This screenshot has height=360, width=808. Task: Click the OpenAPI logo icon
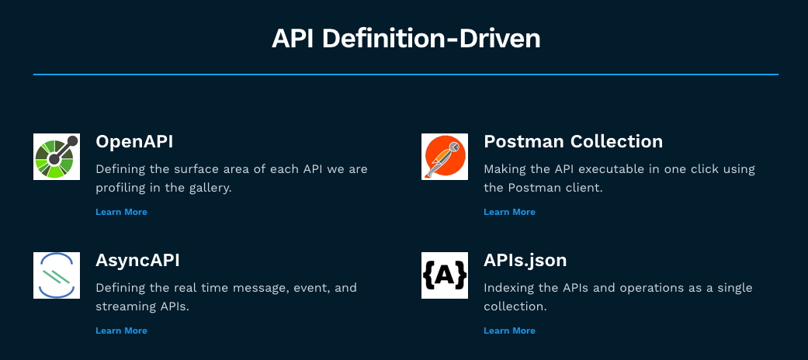pyautogui.click(x=57, y=157)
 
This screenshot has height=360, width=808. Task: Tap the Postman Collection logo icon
pyautogui.click(x=445, y=157)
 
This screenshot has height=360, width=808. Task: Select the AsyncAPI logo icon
pyautogui.click(x=57, y=275)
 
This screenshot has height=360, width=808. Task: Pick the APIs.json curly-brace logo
pyautogui.click(x=445, y=275)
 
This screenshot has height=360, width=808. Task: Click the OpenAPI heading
pyautogui.click(x=134, y=142)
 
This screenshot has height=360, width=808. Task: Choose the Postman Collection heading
pyautogui.click(x=574, y=142)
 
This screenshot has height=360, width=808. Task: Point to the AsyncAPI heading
pyautogui.click(x=137, y=261)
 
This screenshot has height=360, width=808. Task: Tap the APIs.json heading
pyautogui.click(x=525, y=261)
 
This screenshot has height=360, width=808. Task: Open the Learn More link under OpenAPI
pyautogui.click(x=122, y=212)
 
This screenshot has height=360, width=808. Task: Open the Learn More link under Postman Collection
pyautogui.click(x=510, y=212)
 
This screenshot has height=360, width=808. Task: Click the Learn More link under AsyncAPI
pyautogui.click(x=122, y=331)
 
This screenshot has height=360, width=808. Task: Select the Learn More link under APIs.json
pyautogui.click(x=510, y=331)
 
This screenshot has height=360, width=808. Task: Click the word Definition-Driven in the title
pyautogui.click(x=434, y=39)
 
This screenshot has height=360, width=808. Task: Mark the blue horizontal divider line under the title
pyautogui.click(x=405, y=74)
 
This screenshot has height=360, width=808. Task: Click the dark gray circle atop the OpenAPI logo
pyautogui.click(x=73, y=140)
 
